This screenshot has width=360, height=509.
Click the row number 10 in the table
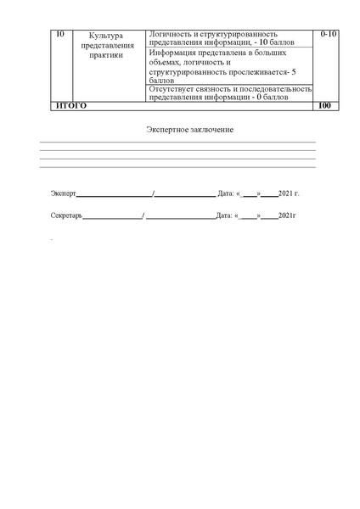pos(59,34)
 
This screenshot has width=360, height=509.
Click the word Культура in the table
pos(105,35)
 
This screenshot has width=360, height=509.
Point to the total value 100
pos(323,105)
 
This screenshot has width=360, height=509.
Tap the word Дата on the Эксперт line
pos(225,193)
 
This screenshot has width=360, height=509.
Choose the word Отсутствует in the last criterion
pos(170,88)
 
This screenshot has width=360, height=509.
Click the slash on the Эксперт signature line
pos(153,193)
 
